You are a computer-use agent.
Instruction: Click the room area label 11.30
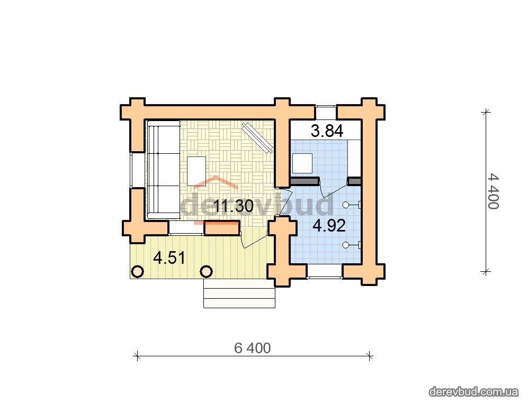tap(233, 206)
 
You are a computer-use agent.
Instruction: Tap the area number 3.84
tap(327, 131)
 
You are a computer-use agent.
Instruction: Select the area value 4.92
tap(329, 226)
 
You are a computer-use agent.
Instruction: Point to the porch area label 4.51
tap(169, 258)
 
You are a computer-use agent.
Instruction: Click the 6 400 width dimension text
tap(253, 348)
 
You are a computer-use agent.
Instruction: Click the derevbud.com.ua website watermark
tap(473, 392)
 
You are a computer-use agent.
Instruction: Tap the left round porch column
tap(137, 271)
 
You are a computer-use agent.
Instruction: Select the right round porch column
tap(206, 271)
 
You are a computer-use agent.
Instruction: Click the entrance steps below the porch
tap(239, 293)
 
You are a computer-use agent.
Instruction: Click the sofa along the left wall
tap(163, 170)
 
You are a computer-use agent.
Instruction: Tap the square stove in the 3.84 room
tap(302, 163)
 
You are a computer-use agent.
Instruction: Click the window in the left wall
tap(137, 170)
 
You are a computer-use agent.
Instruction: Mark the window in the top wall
tap(326, 112)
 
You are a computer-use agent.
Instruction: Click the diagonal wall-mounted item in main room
tap(257, 138)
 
